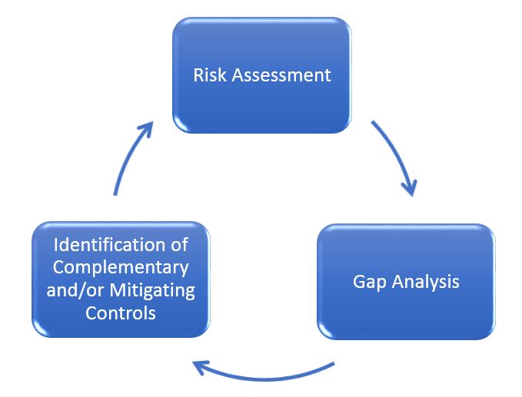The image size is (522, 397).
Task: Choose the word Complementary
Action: [x=121, y=267]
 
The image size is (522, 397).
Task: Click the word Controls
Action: [x=121, y=313]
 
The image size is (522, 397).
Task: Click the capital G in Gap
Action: [x=359, y=281]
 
